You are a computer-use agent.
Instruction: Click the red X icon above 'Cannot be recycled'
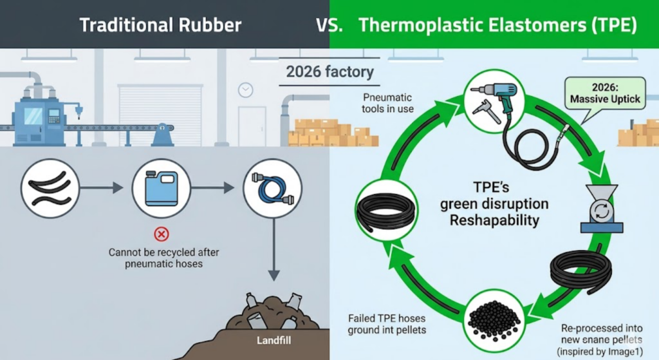[x=162, y=234]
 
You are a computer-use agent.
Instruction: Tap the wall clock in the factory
[x=245, y=90]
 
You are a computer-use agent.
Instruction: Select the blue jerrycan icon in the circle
[x=162, y=189]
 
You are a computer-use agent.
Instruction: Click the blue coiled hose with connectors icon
[x=273, y=189]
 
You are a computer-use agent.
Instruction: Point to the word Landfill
[x=274, y=340]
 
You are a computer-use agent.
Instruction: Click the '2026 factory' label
[x=330, y=72]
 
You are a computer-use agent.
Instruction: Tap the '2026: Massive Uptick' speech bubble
[x=605, y=94]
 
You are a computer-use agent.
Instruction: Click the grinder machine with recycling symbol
[x=602, y=209]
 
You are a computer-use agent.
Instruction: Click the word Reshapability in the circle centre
[x=494, y=220]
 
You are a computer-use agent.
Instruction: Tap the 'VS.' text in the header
[x=329, y=25]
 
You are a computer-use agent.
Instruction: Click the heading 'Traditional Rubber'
[x=160, y=25]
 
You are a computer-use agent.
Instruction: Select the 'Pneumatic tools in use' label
[x=387, y=103]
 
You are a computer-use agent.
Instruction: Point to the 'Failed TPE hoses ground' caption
[x=387, y=324]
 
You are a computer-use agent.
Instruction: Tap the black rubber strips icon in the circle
[x=50, y=189]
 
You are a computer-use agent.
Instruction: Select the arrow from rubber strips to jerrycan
[x=101, y=188]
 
